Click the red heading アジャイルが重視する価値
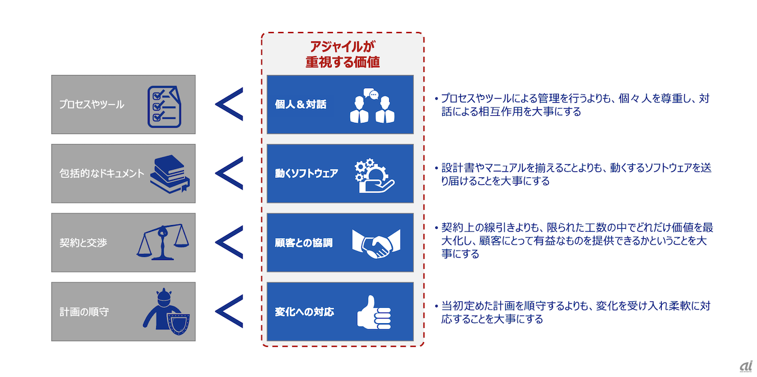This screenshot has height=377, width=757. (342, 54)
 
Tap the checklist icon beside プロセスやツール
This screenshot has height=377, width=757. (164, 107)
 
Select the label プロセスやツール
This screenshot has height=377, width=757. (92, 105)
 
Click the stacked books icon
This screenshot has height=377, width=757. (170, 174)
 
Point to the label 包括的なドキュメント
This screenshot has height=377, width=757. (102, 173)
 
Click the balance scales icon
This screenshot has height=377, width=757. (163, 242)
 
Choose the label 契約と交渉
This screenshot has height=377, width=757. (83, 242)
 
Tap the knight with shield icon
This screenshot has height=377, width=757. (166, 311)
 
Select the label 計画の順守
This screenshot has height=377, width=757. (84, 311)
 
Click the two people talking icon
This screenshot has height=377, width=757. (372, 106)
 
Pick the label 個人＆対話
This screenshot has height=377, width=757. (300, 105)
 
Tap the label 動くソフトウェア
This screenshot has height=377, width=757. (306, 174)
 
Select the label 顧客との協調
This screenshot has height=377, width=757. (303, 242)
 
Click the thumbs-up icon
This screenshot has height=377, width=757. (374, 312)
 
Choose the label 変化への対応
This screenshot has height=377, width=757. (304, 311)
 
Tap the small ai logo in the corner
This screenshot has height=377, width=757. (746, 366)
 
